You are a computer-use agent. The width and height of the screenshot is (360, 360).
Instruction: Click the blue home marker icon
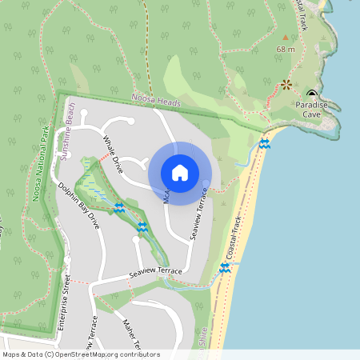[x=179, y=172]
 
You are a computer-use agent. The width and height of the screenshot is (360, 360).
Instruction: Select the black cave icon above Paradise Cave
[x=312, y=94]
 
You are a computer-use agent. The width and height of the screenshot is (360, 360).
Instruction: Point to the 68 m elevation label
[x=286, y=50]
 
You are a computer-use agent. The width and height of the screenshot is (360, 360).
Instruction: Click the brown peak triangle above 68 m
[x=286, y=37]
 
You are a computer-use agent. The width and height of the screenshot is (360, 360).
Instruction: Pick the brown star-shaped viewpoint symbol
[x=286, y=84]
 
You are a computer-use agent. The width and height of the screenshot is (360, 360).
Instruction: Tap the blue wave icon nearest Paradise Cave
[x=265, y=143]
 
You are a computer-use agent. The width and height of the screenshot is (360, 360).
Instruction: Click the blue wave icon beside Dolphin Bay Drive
[x=119, y=208]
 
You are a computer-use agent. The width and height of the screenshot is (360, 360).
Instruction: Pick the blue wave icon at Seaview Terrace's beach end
[x=225, y=269]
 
